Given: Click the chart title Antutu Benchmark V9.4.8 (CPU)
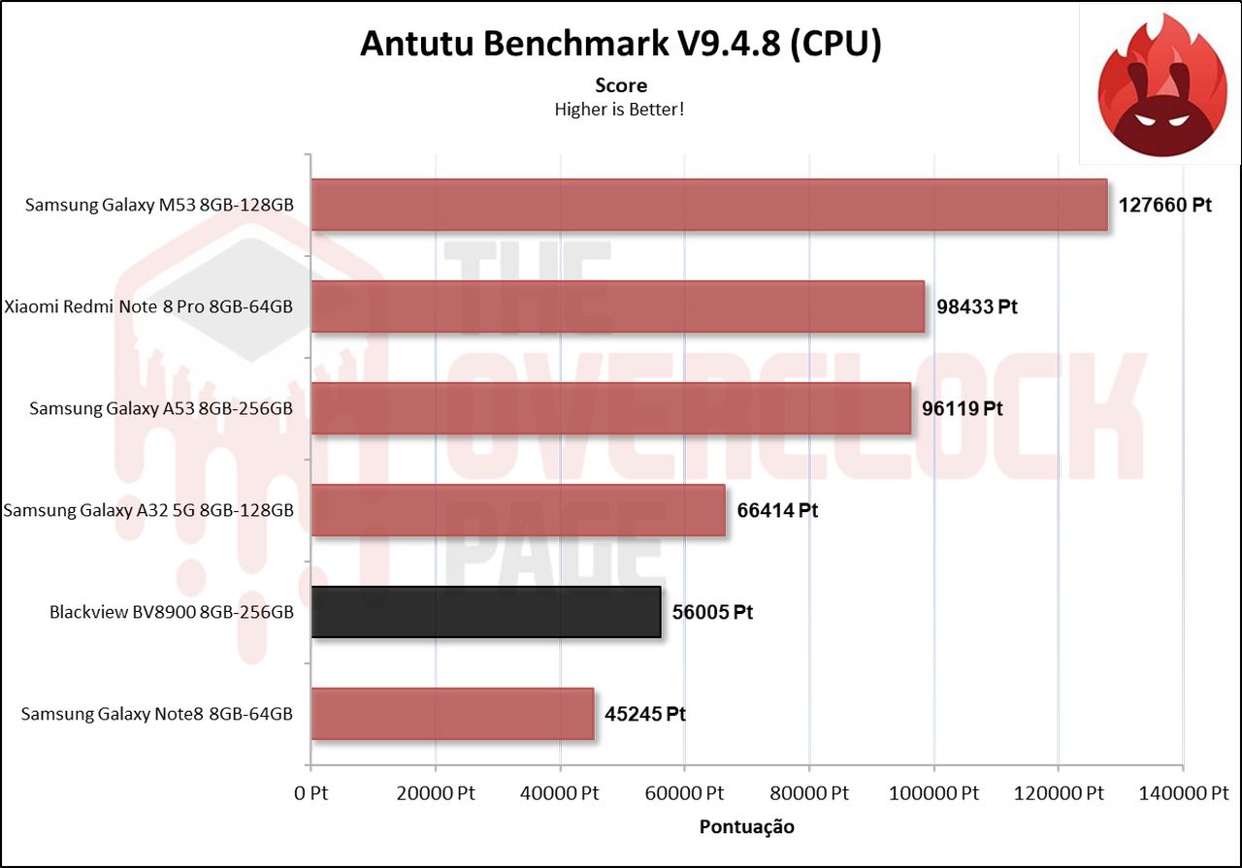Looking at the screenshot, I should [620, 44].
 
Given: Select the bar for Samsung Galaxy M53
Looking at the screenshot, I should [708, 205].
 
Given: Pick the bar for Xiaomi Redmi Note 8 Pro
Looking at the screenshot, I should [617, 306].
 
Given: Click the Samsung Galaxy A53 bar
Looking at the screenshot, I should [610, 408].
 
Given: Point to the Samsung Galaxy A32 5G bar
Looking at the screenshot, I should [517, 510].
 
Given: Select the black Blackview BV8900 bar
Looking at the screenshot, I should [485, 612].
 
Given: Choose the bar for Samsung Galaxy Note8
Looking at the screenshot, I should [452, 714].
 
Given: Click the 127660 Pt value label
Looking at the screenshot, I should [1165, 206].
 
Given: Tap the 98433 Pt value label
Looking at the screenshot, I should [977, 306].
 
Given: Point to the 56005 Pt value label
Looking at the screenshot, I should [712, 612].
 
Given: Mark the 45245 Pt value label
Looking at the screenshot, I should [645, 714].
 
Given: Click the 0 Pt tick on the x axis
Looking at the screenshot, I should [310, 793].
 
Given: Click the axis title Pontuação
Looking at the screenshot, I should [746, 826].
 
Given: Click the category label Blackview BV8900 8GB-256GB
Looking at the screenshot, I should [171, 613].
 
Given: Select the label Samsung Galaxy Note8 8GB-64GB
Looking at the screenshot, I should [156, 715].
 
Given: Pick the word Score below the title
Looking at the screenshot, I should [621, 85].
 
